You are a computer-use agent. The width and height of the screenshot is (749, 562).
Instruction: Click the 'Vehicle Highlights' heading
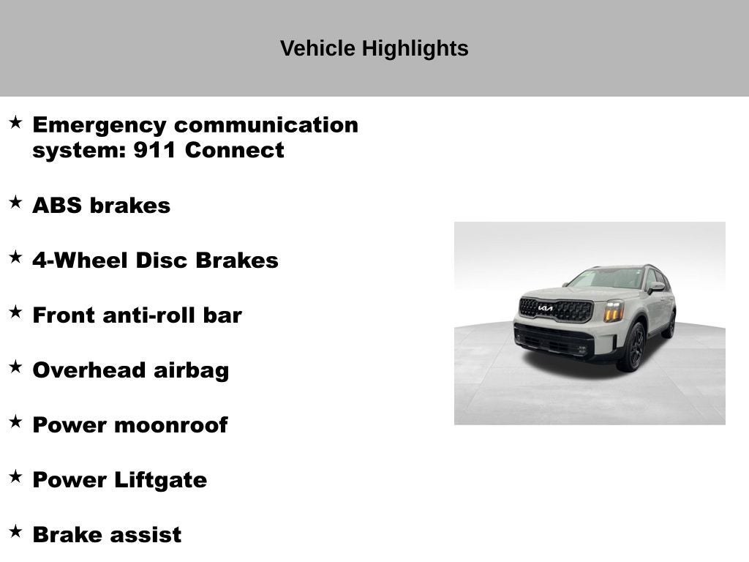tap(374, 49)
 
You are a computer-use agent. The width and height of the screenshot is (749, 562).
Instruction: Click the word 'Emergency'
tap(99, 125)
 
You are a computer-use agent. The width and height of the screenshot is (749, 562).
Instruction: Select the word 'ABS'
tap(57, 206)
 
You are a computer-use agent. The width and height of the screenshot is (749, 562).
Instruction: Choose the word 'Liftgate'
tap(160, 480)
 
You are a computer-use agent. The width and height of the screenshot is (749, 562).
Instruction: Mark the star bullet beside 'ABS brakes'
tap(15, 203)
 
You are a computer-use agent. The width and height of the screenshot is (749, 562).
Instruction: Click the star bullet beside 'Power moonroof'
tap(15, 422)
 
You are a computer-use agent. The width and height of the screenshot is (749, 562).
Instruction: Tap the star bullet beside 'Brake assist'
tap(15, 532)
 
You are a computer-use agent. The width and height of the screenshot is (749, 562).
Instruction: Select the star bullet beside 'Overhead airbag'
tap(15, 367)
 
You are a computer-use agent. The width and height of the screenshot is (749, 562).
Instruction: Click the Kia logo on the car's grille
tap(546, 308)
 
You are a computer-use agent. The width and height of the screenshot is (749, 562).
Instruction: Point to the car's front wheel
tap(634, 346)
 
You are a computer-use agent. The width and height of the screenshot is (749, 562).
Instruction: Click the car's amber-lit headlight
tap(614, 310)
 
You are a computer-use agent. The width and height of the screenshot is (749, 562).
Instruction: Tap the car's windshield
tap(606, 278)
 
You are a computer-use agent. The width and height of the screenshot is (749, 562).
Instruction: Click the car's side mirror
tap(656, 286)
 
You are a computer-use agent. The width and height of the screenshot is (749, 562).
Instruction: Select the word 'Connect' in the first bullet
tap(234, 151)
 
